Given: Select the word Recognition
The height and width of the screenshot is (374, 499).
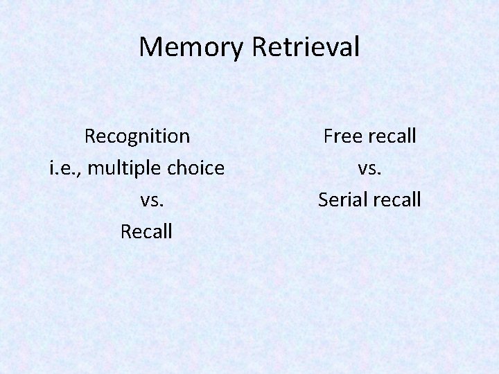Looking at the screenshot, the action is pyautogui.click(x=137, y=136).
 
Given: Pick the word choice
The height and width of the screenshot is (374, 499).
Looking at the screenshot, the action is pyautogui.click(x=196, y=168).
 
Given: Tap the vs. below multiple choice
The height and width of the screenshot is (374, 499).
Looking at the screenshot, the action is pyautogui.click(x=152, y=200).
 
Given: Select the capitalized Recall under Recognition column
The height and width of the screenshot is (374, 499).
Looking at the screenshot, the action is pyautogui.click(x=146, y=231).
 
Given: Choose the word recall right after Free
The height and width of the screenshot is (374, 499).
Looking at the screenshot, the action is pyautogui.click(x=393, y=136).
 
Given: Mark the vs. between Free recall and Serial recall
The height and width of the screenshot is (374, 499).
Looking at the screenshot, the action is pyautogui.click(x=369, y=168).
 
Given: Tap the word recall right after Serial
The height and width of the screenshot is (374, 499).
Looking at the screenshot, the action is pyautogui.click(x=396, y=200).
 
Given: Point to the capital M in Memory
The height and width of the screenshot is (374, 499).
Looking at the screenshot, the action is pyautogui.click(x=150, y=47).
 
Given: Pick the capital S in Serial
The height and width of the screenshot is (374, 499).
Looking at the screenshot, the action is pyautogui.click(x=323, y=200).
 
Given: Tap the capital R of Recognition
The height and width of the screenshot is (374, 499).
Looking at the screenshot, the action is pyautogui.click(x=90, y=136).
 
